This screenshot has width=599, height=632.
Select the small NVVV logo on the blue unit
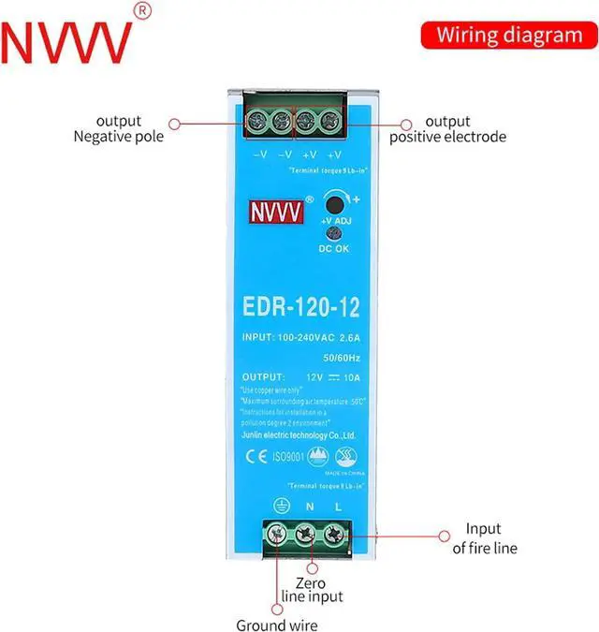(x=276, y=212)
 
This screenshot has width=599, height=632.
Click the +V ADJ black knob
(x=334, y=203)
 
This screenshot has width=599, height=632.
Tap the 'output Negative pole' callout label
(x=118, y=128)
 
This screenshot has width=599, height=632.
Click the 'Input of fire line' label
(x=484, y=538)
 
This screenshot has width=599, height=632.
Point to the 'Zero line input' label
(x=312, y=588)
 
